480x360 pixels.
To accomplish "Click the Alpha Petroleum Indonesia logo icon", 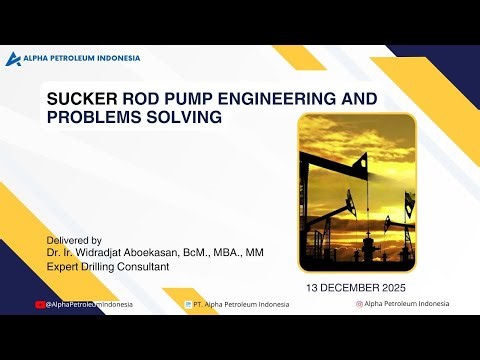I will click(13, 58).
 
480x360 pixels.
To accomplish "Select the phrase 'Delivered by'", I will click(75, 241).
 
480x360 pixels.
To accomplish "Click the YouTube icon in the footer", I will click(40, 304).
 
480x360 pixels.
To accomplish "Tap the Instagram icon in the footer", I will click(359, 303).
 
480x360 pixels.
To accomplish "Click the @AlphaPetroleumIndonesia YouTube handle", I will click(90, 304).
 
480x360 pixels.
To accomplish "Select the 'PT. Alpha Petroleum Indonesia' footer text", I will click(240, 304).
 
